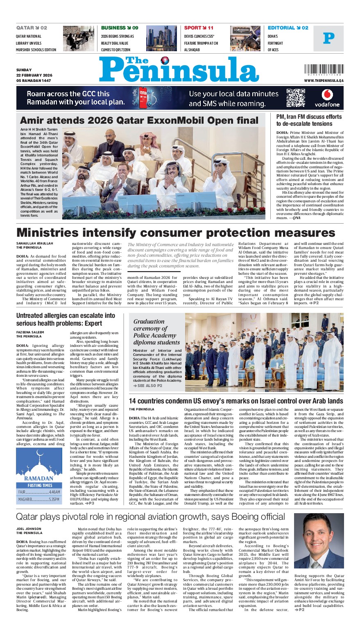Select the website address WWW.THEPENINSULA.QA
(x=324, y=81)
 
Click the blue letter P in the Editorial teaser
(x=328, y=38)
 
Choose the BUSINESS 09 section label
(x=120, y=28)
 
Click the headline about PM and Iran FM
(x=308, y=120)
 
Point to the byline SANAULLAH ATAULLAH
(x=35, y=243)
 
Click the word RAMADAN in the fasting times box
(x=38, y=478)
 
